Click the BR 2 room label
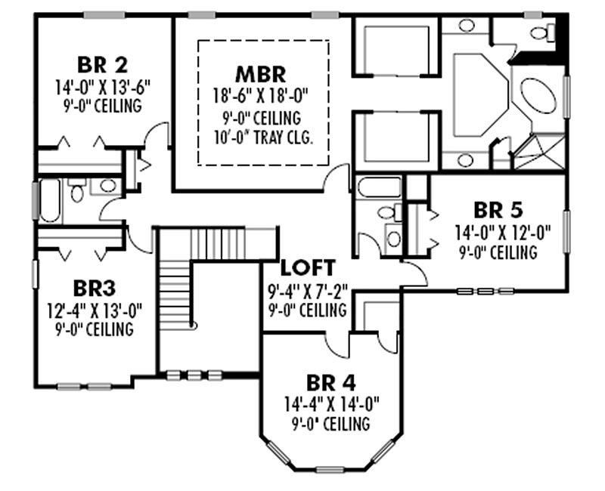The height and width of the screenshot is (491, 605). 102,65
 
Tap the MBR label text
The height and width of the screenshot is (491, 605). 261,74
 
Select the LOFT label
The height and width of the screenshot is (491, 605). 308,268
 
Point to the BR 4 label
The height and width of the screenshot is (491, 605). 331,383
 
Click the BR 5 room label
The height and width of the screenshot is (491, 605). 498,211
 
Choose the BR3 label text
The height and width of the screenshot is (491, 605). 94,289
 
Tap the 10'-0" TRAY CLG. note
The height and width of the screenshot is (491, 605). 263,137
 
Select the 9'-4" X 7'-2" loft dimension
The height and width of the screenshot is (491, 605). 308,291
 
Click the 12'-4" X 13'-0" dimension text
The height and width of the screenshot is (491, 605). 95,310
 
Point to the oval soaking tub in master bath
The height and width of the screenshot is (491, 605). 538,95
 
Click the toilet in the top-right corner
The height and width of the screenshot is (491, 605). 543,32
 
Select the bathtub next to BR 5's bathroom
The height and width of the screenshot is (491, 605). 380,187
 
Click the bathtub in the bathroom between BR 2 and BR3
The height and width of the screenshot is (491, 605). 50,200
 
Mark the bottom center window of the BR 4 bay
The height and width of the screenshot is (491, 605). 330,469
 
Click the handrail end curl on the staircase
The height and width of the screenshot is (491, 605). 194,326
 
